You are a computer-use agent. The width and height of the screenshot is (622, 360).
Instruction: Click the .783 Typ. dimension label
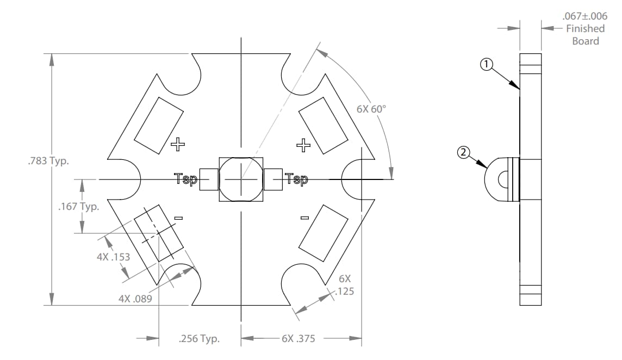47,162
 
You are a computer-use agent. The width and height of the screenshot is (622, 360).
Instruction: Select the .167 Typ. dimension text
78,207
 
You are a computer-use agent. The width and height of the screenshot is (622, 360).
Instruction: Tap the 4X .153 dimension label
113,257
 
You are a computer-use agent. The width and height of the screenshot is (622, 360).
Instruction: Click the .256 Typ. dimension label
199,339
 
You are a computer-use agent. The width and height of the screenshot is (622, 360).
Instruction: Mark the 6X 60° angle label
371,109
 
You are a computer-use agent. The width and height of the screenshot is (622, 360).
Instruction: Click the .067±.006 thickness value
584,16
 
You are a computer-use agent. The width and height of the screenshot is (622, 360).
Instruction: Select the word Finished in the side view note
585,28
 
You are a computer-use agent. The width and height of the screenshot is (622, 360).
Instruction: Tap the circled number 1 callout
487,65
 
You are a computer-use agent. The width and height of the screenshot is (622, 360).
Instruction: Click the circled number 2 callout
463,153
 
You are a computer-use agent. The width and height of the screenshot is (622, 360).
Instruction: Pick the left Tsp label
185,179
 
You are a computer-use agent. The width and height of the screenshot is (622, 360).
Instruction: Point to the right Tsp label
296,179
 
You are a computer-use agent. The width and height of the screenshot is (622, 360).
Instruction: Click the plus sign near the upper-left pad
178,144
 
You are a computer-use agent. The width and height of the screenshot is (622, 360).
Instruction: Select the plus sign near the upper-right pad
303,144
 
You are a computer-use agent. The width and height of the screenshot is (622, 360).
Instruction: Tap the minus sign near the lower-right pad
304,218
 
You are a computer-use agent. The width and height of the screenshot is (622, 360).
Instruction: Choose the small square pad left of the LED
209,179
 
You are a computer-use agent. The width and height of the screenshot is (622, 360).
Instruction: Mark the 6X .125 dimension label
344,285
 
